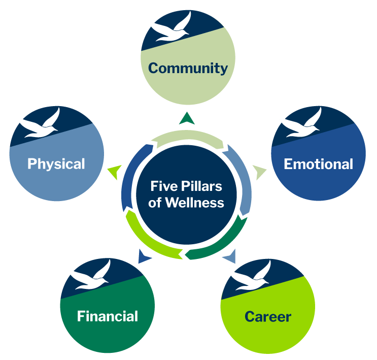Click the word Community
188,68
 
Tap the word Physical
56,163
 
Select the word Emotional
318,164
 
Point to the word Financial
107,316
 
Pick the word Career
268,317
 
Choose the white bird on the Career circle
250,276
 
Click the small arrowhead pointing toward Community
187,118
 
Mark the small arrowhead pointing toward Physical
115,172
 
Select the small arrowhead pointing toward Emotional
260,172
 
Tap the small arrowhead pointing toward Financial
144,256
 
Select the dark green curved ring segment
223,241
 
